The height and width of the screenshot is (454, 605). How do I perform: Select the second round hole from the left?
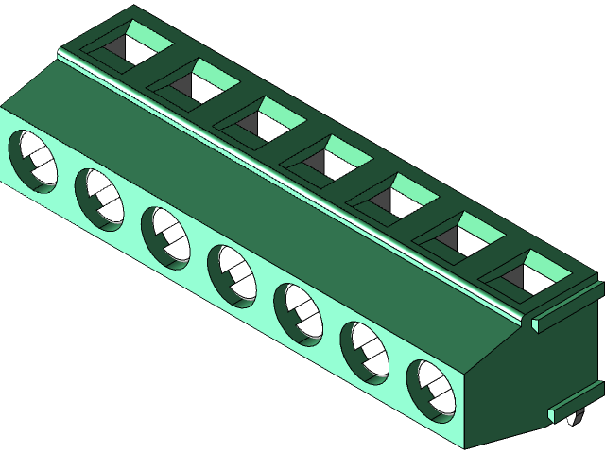pos(99,199)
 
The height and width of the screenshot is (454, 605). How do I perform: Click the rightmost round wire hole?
pos(430,389)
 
